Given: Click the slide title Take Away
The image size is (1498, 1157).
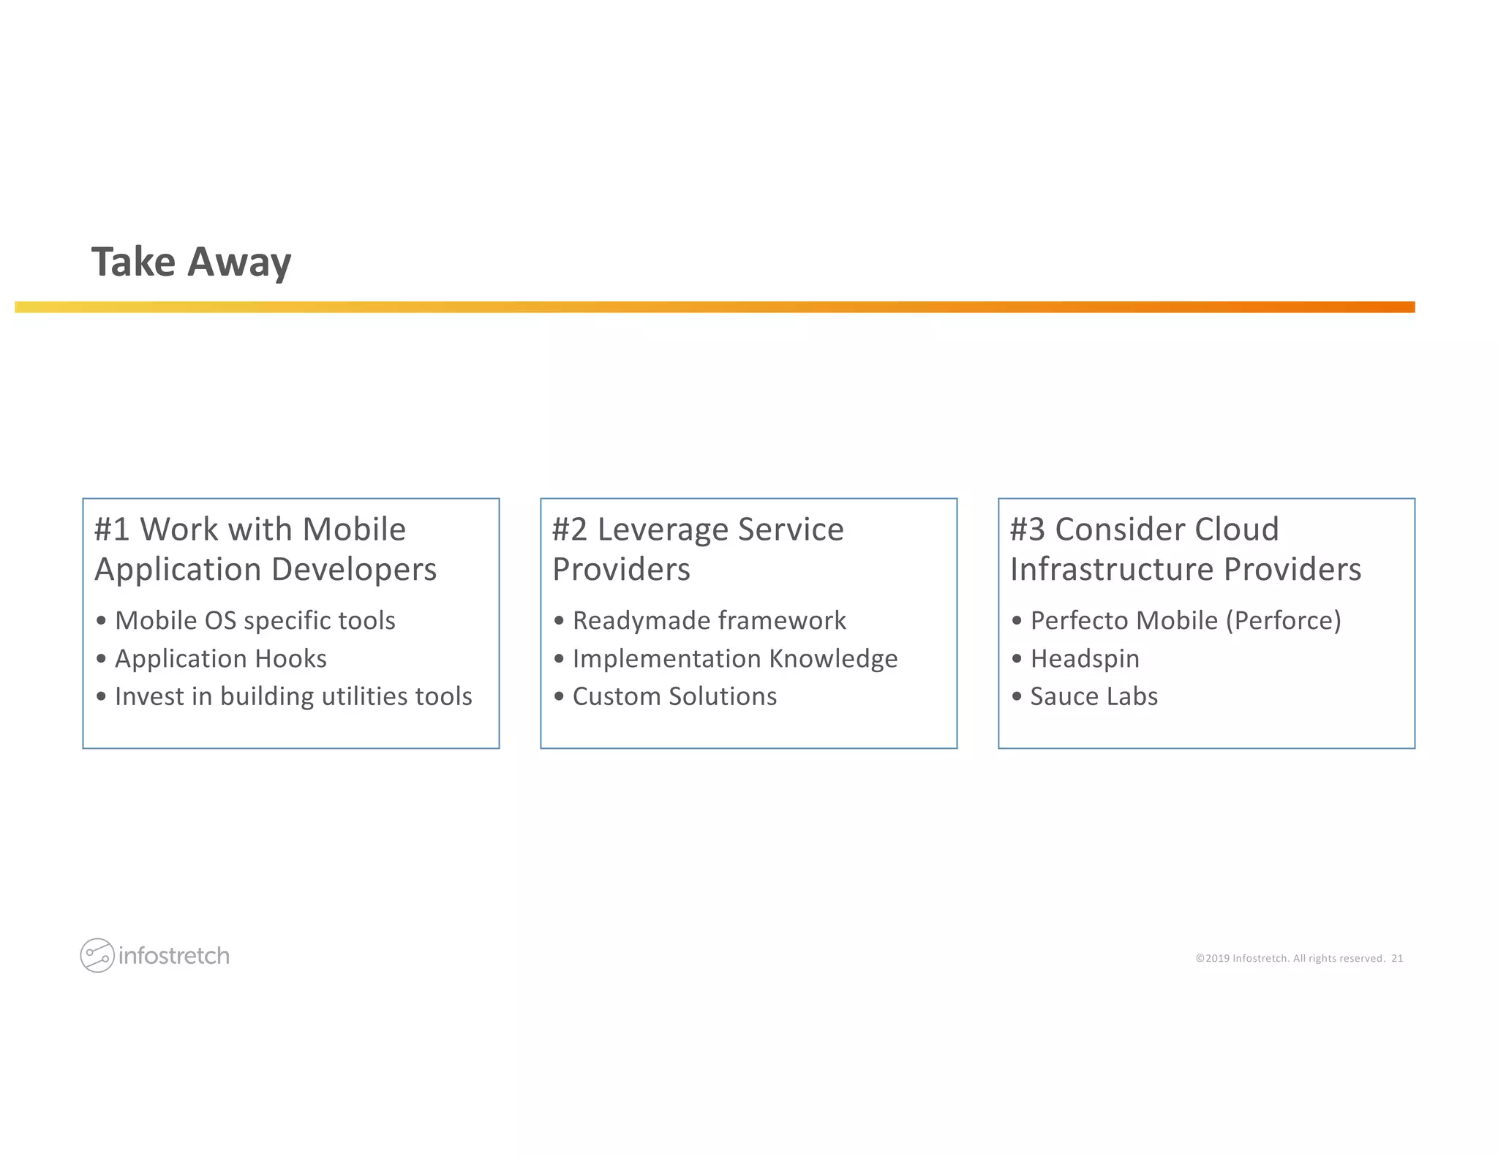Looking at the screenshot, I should (x=191, y=262).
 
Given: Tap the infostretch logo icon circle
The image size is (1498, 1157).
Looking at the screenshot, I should (x=97, y=955).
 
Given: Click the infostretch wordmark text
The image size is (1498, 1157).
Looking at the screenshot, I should (x=174, y=956).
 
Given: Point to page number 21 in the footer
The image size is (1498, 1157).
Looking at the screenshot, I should (x=1397, y=958).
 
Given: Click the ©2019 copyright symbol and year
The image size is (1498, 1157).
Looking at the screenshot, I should (x=1213, y=958).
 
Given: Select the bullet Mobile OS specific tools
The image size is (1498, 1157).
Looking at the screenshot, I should (x=255, y=620).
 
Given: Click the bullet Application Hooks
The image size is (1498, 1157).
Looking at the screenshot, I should (x=220, y=658).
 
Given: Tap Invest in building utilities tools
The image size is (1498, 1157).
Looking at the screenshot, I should (x=293, y=696).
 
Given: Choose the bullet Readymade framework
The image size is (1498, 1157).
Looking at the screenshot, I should (x=709, y=620).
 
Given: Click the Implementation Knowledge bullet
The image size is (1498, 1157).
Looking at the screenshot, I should (x=734, y=658).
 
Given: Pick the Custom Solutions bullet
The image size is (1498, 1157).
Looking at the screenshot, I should (x=674, y=696).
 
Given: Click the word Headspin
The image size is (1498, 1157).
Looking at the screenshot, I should (x=1085, y=658).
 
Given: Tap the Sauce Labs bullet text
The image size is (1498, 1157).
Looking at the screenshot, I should (x=1094, y=696).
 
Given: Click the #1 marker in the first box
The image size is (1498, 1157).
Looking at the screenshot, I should (x=112, y=529).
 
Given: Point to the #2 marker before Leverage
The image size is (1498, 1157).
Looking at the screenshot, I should (x=570, y=529).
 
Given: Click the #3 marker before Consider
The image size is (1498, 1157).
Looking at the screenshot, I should (x=1028, y=529).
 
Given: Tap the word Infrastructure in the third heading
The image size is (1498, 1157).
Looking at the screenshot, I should (x=1112, y=570).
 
